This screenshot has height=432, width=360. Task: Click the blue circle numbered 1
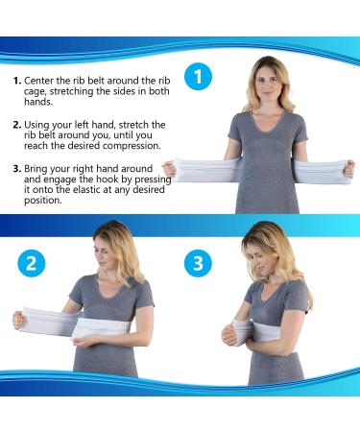tap(199, 77)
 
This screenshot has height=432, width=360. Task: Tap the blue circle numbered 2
tap(32, 263)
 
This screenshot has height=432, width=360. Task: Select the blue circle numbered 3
tap(198, 263)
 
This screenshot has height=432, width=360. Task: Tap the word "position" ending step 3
tap(42, 201)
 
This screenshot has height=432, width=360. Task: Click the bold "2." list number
tap(17, 125)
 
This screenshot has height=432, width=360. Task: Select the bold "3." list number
tap(17, 169)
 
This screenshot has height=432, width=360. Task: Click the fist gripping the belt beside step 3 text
tap(169, 170)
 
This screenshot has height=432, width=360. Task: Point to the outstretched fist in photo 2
tap(19, 320)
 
